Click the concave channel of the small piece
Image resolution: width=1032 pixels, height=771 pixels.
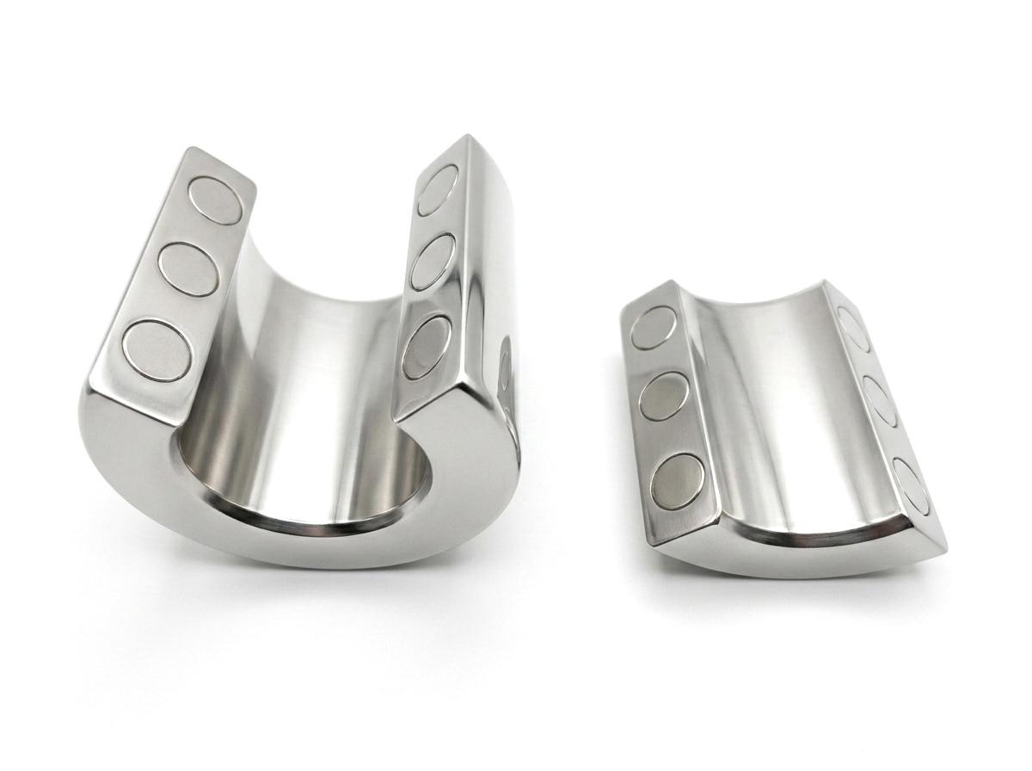774,413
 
